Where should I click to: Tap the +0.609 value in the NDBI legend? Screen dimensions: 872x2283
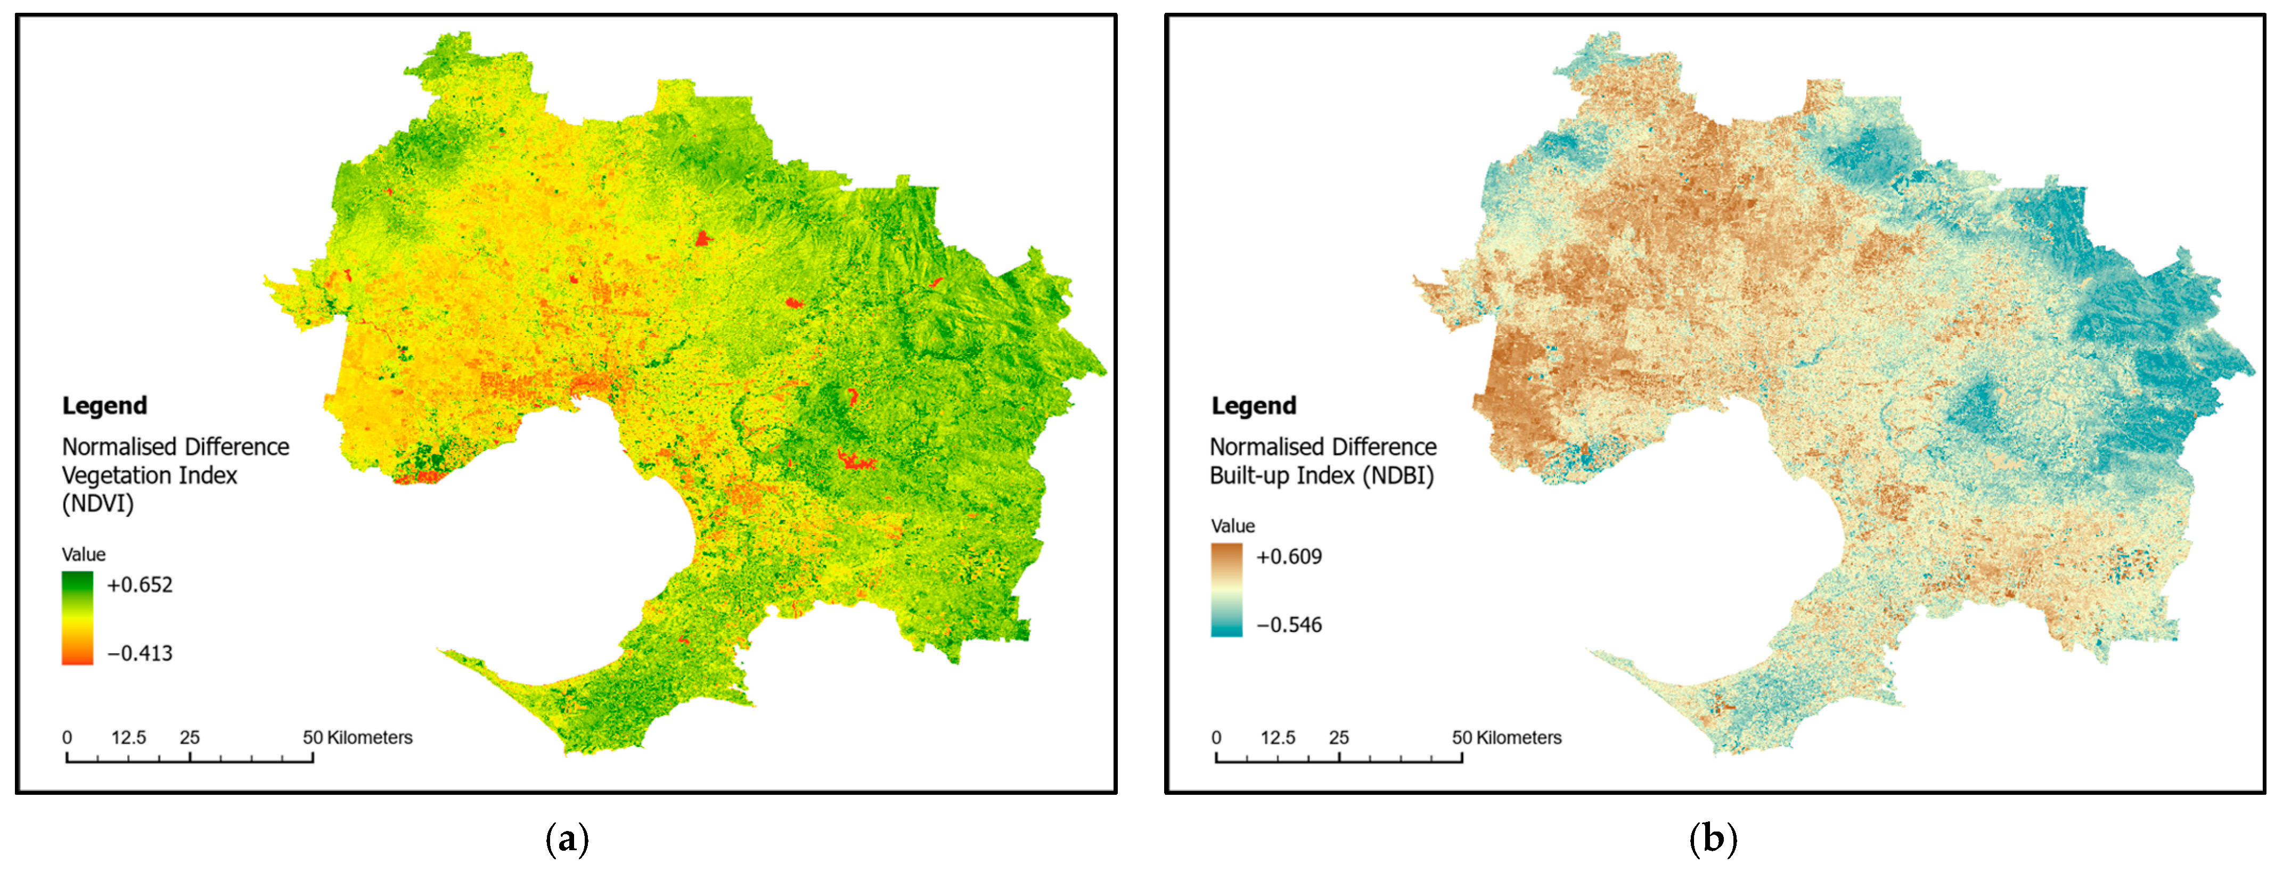[1289, 556]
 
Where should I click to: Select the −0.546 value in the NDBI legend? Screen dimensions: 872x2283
[1289, 625]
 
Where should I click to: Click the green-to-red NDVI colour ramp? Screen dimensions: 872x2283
[77, 618]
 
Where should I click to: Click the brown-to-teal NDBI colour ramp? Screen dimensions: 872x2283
[1226, 589]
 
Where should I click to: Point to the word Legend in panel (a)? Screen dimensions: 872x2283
[104, 406]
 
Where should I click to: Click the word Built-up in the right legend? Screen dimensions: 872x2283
[1245, 476]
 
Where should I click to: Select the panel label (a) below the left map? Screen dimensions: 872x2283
[567, 838]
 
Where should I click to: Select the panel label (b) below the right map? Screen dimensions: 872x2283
[1713, 838]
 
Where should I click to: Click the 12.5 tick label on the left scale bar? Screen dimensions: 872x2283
[128, 737]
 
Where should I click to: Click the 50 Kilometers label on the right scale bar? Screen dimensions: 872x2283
[1507, 737]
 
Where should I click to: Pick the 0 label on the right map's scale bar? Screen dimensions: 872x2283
[1216, 737]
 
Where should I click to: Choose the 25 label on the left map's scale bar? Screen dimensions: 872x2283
[190, 737]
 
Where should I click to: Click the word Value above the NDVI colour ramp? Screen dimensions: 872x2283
[83, 555]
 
